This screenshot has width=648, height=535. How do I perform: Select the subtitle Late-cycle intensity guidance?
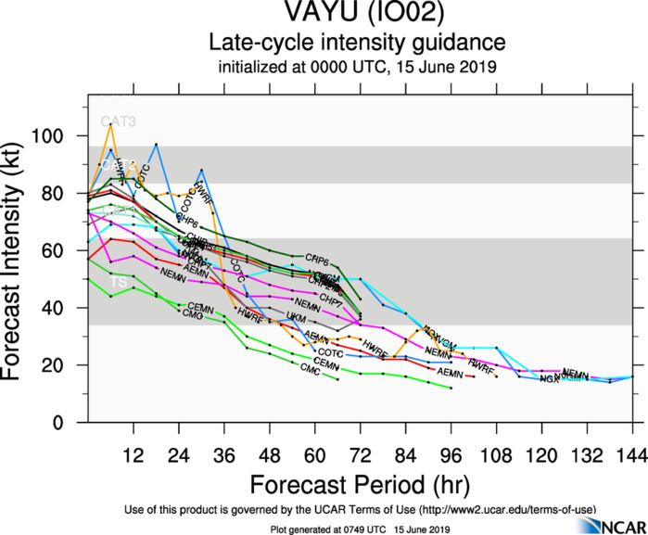click(x=357, y=43)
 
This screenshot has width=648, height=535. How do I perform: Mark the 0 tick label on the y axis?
click(x=72, y=423)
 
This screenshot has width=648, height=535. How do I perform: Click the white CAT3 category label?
click(x=118, y=121)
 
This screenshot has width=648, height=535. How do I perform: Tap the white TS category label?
click(x=119, y=281)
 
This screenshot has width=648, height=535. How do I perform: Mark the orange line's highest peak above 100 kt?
click(x=111, y=123)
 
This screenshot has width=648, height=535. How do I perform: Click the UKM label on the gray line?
click(x=296, y=317)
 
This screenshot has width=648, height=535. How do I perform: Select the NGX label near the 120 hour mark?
click(x=549, y=379)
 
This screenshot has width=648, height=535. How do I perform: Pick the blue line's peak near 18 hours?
click(x=156, y=145)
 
